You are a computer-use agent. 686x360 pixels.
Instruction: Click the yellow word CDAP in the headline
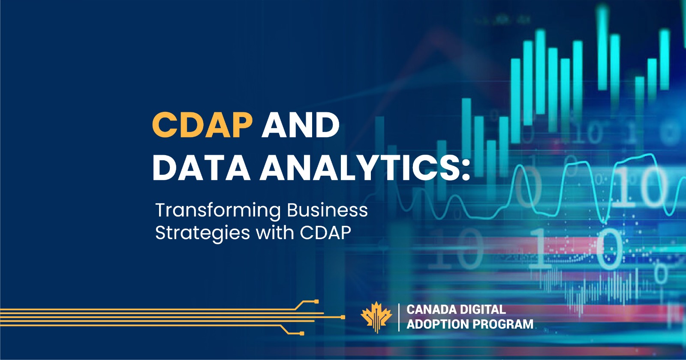point(202,125)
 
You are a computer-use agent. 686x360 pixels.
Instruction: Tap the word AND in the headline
point(301,125)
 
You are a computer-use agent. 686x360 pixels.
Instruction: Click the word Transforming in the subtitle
point(218,210)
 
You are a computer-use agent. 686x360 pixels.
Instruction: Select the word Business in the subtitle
point(327,210)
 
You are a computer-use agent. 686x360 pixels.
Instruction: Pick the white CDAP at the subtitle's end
point(325,233)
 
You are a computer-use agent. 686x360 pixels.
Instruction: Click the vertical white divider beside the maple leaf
point(399,317)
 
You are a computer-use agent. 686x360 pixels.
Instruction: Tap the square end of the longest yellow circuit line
point(343,318)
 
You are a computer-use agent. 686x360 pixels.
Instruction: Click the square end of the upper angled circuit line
point(316,302)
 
